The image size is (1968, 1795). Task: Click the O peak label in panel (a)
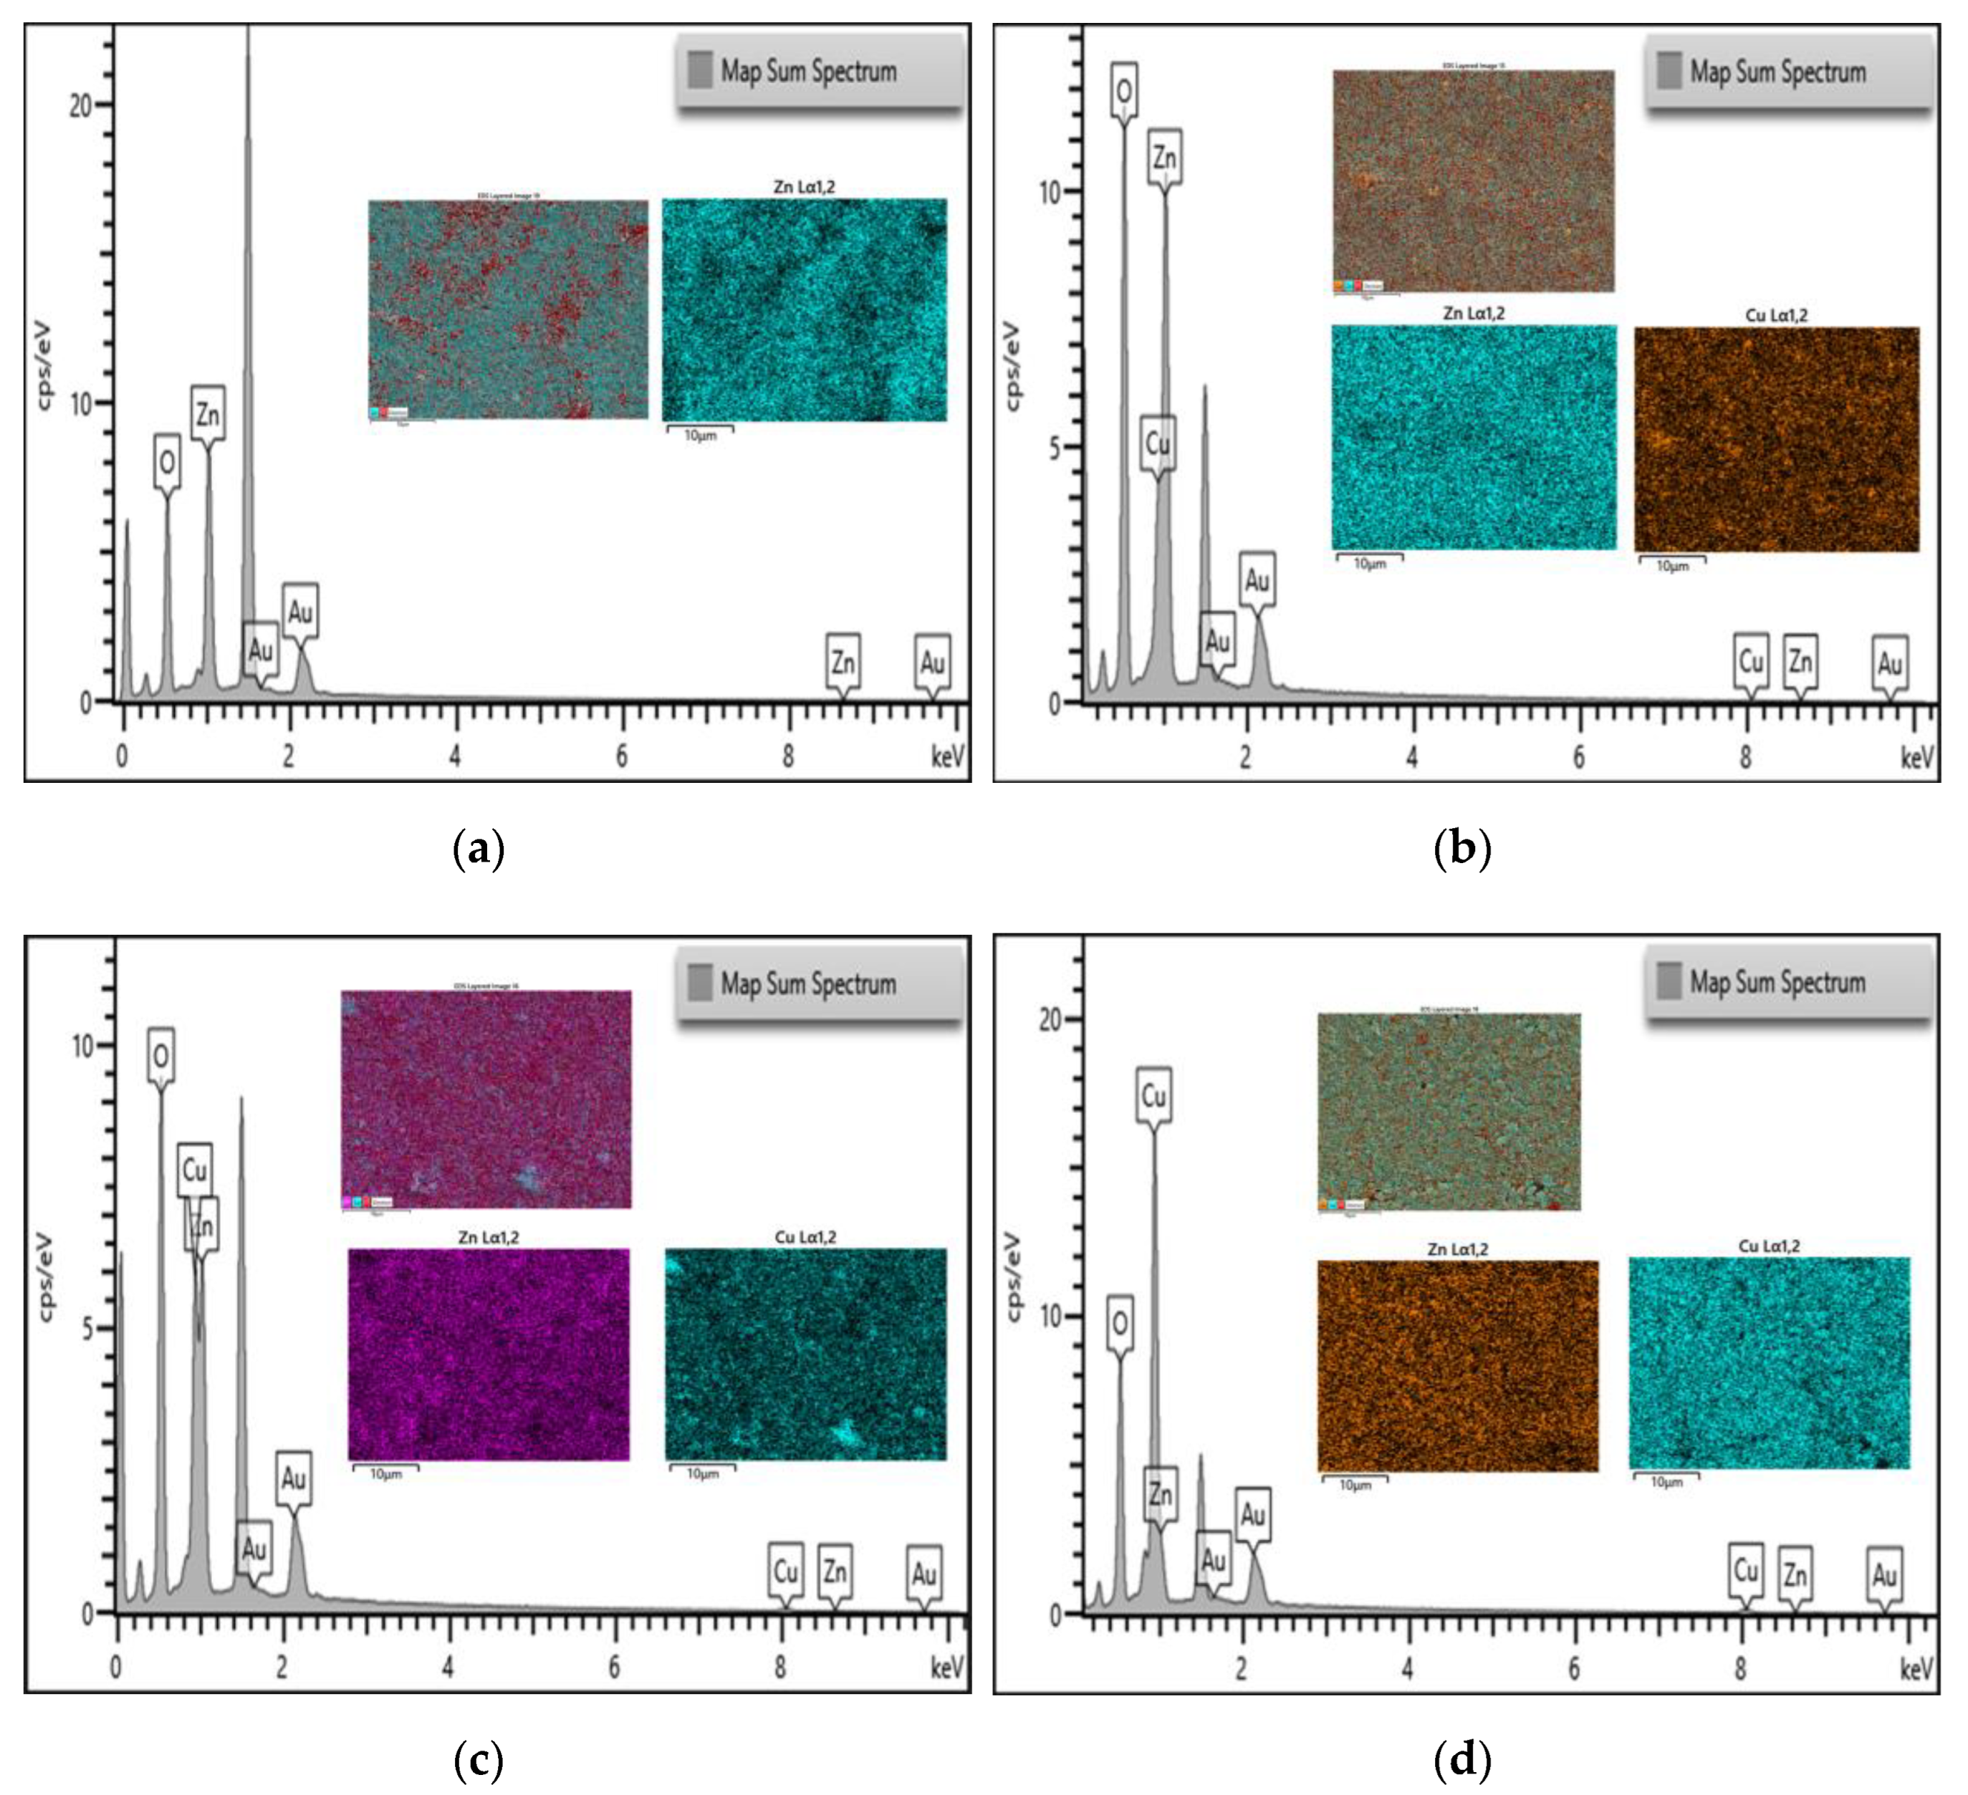pos(168,462)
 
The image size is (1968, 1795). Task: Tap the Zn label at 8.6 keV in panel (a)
pos(843,664)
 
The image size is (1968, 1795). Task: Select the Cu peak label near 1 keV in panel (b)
pos(1158,444)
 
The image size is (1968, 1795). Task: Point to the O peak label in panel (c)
pos(161,1055)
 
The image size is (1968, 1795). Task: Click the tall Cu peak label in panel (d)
pos(1153,1096)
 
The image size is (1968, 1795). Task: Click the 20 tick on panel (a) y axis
pos(81,105)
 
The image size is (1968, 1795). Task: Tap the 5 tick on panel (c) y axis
pos(89,1329)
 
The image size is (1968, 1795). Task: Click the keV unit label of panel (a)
pos(947,756)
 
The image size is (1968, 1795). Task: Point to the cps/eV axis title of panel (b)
pos(1013,366)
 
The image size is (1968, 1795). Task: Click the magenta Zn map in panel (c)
pos(488,1354)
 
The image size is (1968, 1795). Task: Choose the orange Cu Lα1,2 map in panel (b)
pos(1776,439)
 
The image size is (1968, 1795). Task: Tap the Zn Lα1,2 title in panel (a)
pos(803,186)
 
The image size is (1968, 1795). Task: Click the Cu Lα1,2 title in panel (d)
pos(1769,1246)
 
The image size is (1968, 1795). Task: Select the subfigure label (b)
pos(1461,848)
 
